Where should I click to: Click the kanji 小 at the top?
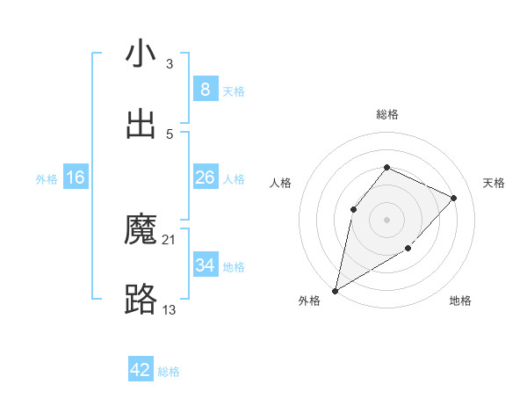pos(141,54)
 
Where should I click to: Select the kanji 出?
pos(141,125)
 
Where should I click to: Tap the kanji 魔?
pos(141,230)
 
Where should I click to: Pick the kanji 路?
pos(141,301)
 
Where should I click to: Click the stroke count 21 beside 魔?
pos(170,239)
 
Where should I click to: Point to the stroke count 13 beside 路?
pos(170,309)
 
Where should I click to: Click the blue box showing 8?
pos(205,90)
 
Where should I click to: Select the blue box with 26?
pos(205,178)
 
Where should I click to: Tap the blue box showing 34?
pos(205,265)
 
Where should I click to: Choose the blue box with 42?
pos(141,370)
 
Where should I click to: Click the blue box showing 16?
pos(76,178)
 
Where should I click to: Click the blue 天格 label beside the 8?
pos(234,91)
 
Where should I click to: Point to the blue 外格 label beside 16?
pos(47,178)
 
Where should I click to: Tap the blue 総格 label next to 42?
pos(169,371)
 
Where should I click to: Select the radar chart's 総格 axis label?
pos(386,114)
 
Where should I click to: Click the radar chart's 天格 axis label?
pos(494,183)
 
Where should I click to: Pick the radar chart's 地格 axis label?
pos(460,301)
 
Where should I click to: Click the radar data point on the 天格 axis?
pos(453,198)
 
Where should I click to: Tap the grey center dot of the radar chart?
pos(386,219)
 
